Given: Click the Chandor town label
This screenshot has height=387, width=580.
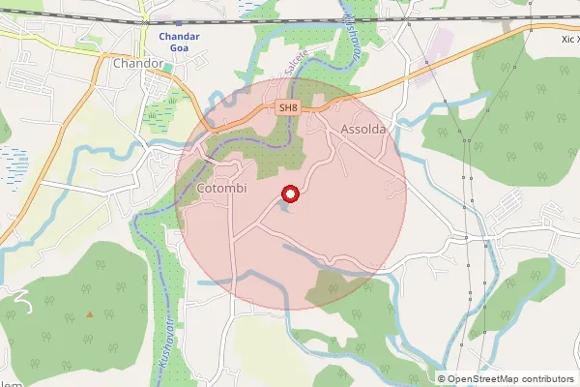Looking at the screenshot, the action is click(136, 63).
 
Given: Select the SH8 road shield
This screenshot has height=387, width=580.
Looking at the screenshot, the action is click(287, 108).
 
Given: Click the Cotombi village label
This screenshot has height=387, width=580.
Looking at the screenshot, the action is click(221, 189).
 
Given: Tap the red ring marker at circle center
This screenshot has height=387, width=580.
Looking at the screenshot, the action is click(289, 194).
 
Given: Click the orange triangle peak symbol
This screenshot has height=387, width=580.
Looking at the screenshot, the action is click(90, 313).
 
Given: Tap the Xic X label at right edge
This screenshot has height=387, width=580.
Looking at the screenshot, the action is click(568, 40).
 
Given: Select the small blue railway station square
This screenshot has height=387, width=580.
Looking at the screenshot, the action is click(180, 21).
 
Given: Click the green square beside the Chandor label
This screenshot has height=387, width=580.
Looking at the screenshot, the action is click(168, 68).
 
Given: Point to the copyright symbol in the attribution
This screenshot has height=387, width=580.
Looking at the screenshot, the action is click(442, 379).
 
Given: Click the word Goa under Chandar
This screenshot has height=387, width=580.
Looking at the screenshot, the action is click(180, 49).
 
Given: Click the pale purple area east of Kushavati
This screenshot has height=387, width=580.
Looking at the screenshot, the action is click(441, 44).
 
